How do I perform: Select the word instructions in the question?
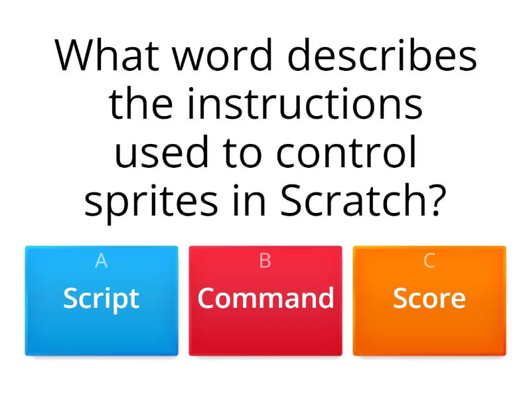click(305, 104)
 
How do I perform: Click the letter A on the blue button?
click(102, 261)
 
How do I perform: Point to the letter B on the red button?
click(265, 261)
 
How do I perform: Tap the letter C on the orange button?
click(429, 261)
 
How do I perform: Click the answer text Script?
click(102, 298)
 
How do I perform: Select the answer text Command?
click(265, 298)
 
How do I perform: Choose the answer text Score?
click(429, 298)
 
